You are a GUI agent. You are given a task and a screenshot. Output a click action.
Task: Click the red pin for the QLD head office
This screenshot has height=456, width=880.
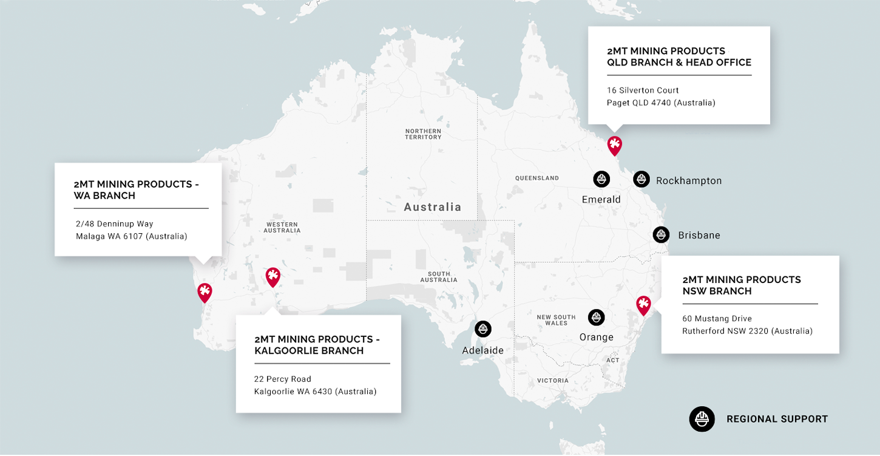pyautogui.click(x=614, y=145)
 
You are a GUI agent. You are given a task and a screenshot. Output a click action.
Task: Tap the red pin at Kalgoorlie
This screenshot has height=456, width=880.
pyautogui.click(x=273, y=277)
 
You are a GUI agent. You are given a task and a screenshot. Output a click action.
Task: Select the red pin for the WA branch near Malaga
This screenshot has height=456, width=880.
pyautogui.click(x=205, y=292)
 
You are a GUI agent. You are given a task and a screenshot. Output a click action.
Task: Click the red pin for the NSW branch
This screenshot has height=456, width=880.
pyautogui.click(x=643, y=304)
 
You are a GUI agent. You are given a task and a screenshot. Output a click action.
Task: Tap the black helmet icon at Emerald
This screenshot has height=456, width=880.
pyautogui.click(x=601, y=179)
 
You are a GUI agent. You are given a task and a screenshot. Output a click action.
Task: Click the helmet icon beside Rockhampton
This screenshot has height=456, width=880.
pyautogui.click(x=641, y=179)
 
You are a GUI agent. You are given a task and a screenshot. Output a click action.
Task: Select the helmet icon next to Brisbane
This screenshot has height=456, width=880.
pyautogui.click(x=661, y=234)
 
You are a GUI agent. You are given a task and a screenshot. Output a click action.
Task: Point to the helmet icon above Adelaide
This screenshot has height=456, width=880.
pyautogui.click(x=483, y=329)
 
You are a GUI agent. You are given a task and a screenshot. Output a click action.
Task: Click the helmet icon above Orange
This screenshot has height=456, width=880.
pyautogui.click(x=597, y=317)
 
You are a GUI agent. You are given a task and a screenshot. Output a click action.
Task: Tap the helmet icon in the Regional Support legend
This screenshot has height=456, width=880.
pyautogui.click(x=702, y=419)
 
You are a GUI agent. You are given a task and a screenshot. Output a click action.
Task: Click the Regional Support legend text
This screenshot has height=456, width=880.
pyautogui.click(x=777, y=419)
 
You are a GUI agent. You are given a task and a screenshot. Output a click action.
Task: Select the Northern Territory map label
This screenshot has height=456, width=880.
pyautogui.click(x=424, y=134)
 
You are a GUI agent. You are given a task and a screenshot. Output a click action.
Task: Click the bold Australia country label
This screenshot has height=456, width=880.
pyautogui.click(x=433, y=207)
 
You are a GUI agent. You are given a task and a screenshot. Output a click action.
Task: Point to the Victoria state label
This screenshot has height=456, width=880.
pyautogui.click(x=553, y=381)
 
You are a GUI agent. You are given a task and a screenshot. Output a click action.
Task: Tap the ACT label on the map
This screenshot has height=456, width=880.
pyautogui.click(x=613, y=361)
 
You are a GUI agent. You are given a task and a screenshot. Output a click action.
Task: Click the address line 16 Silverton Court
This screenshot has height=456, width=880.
pyautogui.click(x=643, y=90)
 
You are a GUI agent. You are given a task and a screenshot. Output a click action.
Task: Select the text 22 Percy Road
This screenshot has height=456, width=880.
pyautogui.click(x=283, y=379)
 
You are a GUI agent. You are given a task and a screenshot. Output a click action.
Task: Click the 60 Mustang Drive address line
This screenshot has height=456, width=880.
pyautogui.click(x=717, y=319)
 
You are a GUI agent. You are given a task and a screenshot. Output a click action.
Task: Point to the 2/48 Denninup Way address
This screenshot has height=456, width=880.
pyautogui.click(x=115, y=224)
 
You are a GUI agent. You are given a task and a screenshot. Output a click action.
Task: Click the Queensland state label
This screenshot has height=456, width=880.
pyautogui.click(x=536, y=179)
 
